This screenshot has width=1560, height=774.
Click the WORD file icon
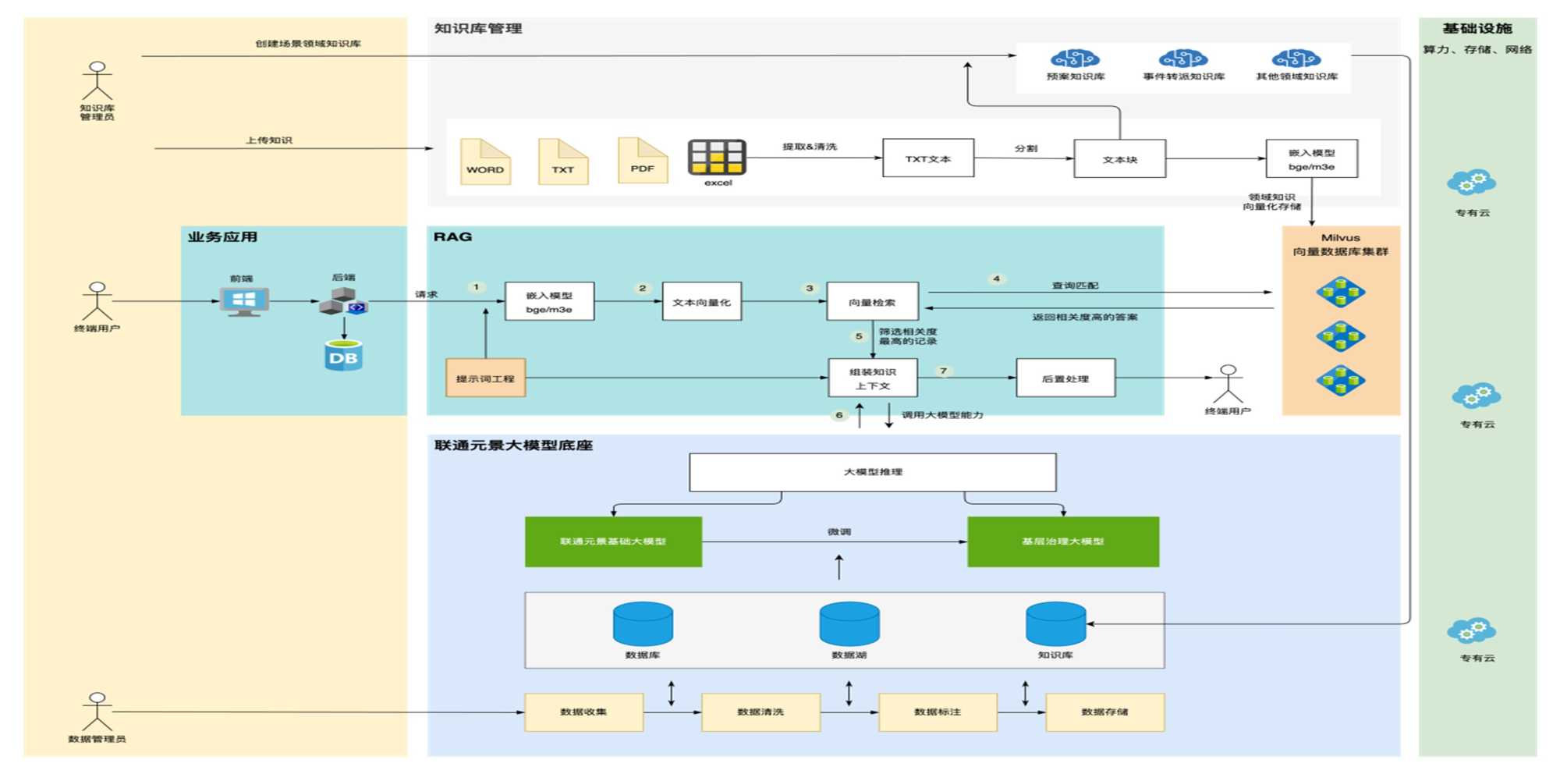point(485,162)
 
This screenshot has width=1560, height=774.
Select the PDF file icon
point(643,161)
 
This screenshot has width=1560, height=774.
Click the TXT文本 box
point(928,158)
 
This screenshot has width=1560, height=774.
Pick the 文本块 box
point(1119,159)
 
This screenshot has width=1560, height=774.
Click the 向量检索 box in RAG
point(872,302)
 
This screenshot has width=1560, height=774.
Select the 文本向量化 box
point(701,302)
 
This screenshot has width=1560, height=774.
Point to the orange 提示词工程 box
point(485,378)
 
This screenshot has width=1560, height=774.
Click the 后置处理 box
point(1065,378)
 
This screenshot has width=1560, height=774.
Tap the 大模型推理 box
point(872,472)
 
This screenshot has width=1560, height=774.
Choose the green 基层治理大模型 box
point(1062,541)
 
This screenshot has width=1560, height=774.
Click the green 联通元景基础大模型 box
point(613,541)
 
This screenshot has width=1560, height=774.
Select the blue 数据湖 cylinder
point(849,624)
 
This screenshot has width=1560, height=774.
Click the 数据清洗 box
point(760,712)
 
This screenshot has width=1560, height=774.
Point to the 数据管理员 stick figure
point(97,711)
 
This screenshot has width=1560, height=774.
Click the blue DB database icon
point(343,356)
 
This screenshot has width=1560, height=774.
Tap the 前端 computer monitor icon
point(244,301)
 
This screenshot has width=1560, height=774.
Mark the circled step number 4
point(996,279)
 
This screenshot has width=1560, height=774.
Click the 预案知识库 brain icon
point(1075,59)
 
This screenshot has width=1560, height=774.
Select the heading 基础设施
point(1477,29)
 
